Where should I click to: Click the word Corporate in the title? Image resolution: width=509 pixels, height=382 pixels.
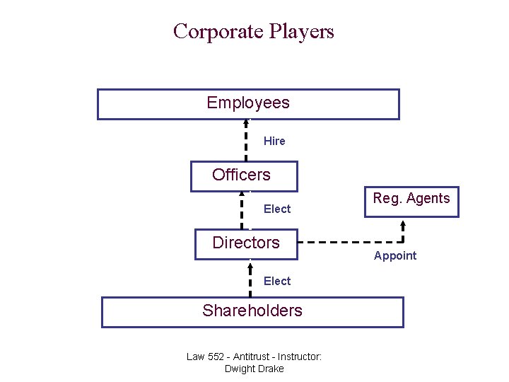[x=218, y=32]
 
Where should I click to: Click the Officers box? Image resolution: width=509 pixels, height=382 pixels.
[x=244, y=175]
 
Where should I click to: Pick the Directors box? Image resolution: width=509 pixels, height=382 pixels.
[x=246, y=244]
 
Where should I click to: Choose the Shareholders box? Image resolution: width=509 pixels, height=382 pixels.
[x=252, y=311]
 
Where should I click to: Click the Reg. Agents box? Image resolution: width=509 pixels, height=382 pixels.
[x=411, y=201]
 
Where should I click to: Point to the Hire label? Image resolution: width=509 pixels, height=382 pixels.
[x=274, y=141]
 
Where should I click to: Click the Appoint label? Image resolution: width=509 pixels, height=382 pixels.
[x=395, y=256]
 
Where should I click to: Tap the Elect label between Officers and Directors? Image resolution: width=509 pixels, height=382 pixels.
[x=277, y=209]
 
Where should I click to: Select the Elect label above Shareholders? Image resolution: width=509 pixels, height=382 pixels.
[x=277, y=282]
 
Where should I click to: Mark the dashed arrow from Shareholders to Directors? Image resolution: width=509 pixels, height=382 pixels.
[x=250, y=279]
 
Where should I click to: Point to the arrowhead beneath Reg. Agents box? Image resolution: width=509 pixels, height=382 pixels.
[x=402, y=225]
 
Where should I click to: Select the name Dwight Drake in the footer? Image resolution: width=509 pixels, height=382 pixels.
[x=254, y=369]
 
